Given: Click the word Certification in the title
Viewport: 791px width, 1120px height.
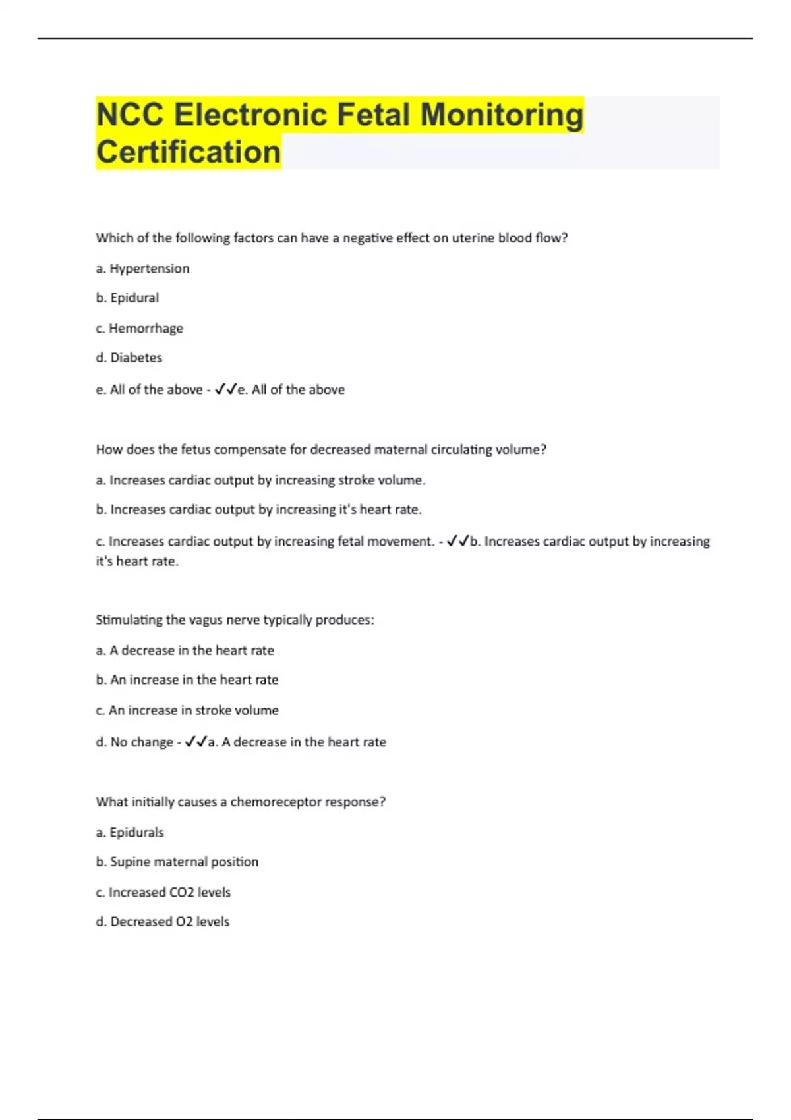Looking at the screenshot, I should pyautogui.click(x=189, y=152).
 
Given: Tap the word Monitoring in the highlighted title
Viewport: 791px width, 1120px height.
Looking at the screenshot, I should pyautogui.click(x=502, y=115).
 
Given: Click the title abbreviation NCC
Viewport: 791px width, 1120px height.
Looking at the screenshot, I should pyautogui.click(x=130, y=115).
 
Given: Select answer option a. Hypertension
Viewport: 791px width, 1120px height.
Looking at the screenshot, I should pyautogui.click(x=142, y=269).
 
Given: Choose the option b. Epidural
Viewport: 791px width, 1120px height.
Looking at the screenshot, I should pyautogui.click(x=127, y=298).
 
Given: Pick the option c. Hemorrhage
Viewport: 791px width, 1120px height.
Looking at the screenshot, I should pyautogui.click(x=139, y=328).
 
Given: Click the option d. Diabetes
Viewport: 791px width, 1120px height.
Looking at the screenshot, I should pyautogui.click(x=129, y=358).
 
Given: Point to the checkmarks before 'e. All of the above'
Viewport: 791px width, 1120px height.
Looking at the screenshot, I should pyautogui.click(x=225, y=389).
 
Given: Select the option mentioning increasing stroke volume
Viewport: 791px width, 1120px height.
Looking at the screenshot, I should pyautogui.click(x=260, y=480).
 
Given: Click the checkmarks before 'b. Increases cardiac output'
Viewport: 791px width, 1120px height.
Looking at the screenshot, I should pyautogui.click(x=457, y=541).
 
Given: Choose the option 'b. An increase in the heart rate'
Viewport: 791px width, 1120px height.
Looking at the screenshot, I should pyautogui.click(x=187, y=680).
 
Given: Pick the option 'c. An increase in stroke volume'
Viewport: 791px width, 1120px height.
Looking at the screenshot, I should pyautogui.click(x=187, y=710).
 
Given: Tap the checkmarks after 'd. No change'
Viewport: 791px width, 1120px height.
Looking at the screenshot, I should pyautogui.click(x=196, y=742).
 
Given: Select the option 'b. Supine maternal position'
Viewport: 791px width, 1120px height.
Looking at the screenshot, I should pyautogui.click(x=177, y=862).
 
